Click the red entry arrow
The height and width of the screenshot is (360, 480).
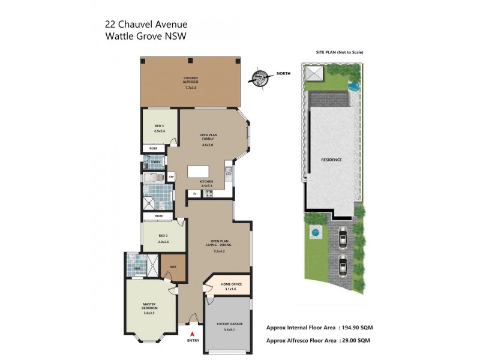[x=192, y=333]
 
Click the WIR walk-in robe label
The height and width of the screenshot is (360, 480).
[x=173, y=266]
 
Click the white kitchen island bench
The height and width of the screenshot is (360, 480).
[x=201, y=172]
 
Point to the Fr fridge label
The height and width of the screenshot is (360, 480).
[x=195, y=194]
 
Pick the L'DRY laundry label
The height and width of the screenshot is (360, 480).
[x=155, y=162]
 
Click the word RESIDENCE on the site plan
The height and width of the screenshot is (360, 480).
[x=332, y=160]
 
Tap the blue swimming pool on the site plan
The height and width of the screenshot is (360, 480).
[x=354, y=86]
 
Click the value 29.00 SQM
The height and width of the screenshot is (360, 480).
[x=355, y=340]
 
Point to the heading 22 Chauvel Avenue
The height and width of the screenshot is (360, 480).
[x=146, y=25]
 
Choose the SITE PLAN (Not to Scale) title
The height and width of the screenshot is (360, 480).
[x=340, y=52]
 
